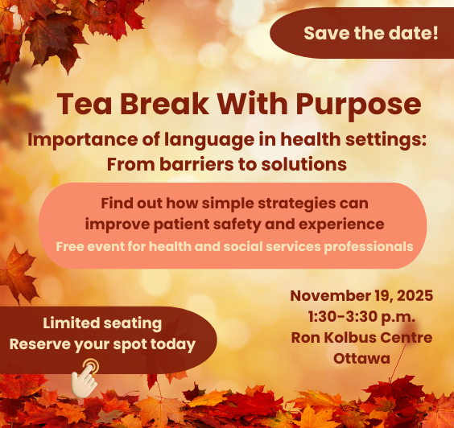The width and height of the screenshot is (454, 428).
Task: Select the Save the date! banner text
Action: pos(370,34)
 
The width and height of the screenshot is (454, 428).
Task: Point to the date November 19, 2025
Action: pos(361,295)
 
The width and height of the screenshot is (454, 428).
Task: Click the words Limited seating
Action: pos(102,324)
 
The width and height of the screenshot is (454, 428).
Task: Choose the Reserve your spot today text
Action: pos(102,344)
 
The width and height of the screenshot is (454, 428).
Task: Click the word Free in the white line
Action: pos(70,245)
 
